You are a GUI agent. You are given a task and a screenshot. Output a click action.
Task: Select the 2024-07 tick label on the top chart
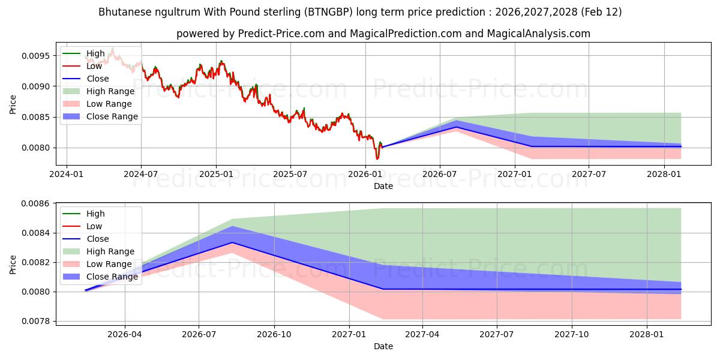(x=141, y=174)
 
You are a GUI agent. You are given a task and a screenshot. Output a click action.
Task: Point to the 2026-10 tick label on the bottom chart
(x=274, y=334)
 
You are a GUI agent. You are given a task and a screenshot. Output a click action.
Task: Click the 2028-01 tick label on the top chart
(x=664, y=174)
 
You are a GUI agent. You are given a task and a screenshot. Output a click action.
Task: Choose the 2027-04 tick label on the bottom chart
(x=422, y=334)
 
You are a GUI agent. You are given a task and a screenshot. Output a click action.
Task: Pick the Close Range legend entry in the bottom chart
(x=112, y=277)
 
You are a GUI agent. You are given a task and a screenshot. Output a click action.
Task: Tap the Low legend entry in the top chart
(x=94, y=66)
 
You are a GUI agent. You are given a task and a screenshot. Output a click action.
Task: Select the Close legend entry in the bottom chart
(x=98, y=239)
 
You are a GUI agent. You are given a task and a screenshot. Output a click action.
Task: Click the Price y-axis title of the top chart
(x=13, y=104)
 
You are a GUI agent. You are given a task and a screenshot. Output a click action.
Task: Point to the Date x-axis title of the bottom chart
(x=383, y=346)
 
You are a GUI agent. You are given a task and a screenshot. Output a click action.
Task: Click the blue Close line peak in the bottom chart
(x=232, y=242)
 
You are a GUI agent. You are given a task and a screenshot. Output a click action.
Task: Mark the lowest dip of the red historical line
(x=377, y=159)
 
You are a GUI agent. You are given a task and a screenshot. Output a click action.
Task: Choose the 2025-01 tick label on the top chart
(x=216, y=174)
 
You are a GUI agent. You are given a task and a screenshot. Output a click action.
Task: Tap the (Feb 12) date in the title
(x=600, y=12)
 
